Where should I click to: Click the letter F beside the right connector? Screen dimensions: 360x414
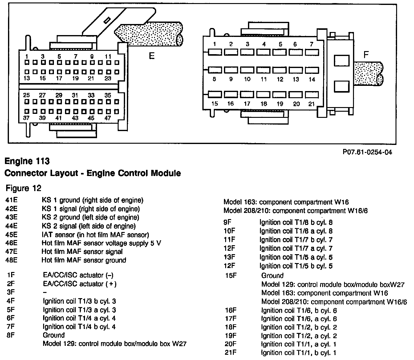[x=366, y=55]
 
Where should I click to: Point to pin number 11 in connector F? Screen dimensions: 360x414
[x=264, y=79]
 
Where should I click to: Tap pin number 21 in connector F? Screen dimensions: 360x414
[x=312, y=104]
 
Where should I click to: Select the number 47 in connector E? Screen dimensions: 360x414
[x=108, y=118]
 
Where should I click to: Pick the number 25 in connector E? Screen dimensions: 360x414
[x=26, y=95]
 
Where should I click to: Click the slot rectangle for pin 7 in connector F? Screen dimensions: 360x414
[x=312, y=52]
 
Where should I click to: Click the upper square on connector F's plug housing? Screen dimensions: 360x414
[x=342, y=60]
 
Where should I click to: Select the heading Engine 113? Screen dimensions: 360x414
[x=27, y=161]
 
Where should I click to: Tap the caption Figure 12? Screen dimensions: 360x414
[x=23, y=188]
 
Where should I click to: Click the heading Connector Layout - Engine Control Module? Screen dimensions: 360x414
[x=92, y=173]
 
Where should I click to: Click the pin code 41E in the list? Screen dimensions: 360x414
[x=11, y=200]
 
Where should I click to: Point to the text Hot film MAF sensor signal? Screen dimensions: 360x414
[x=82, y=252]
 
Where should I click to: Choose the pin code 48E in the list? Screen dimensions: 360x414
[x=11, y=260]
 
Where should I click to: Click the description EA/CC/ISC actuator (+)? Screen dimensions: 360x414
[x=79, y=284]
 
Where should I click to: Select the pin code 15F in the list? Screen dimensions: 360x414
[x=231, y=275]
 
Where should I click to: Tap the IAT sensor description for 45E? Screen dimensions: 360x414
[x=95, y=235]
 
